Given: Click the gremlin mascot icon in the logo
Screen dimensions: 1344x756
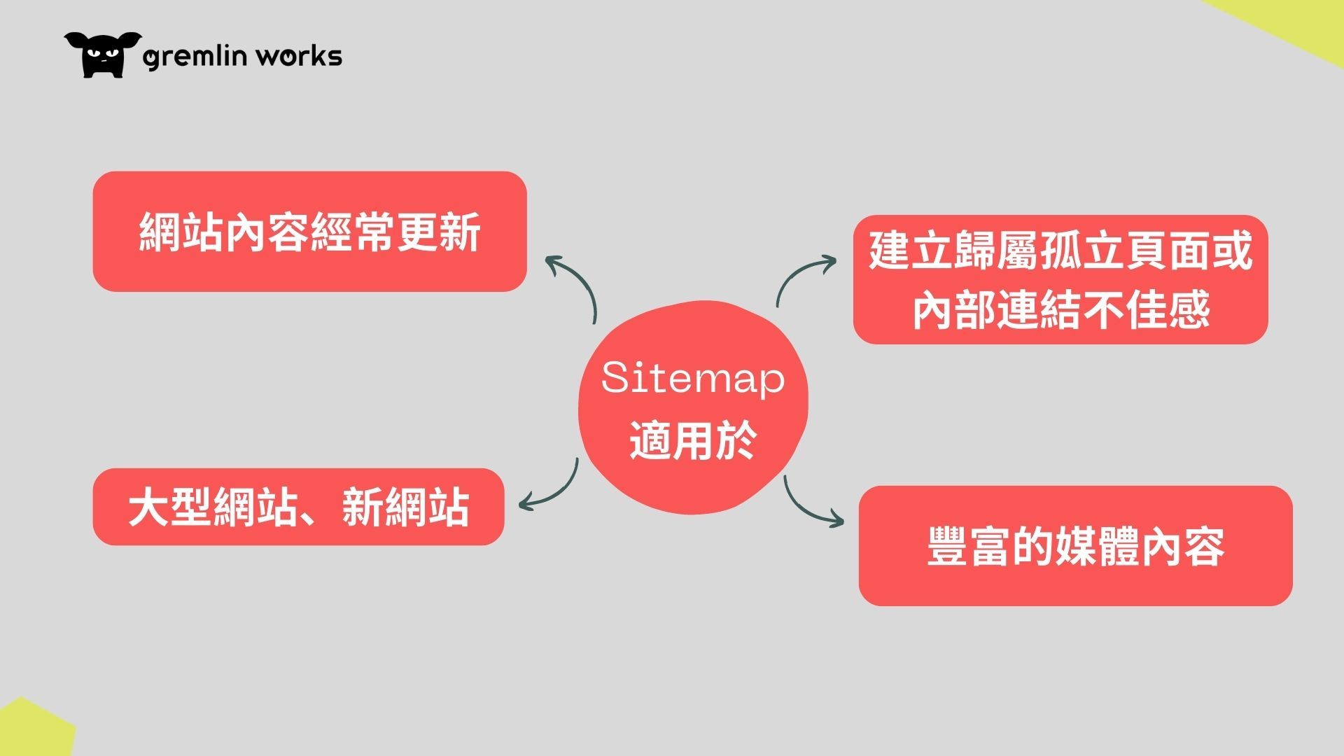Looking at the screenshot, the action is coord(102,55).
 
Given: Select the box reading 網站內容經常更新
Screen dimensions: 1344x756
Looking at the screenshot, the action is coord(309,231).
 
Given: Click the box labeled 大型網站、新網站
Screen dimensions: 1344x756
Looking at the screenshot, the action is coord(298,507).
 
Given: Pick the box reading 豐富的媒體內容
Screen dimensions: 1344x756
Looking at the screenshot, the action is coord(1075,546).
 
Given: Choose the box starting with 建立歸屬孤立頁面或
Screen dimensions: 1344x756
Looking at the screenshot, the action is coord(1060,279).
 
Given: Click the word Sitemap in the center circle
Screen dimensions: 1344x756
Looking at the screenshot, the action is coord(693,379).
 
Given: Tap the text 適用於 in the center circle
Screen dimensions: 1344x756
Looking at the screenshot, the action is coord(693,440).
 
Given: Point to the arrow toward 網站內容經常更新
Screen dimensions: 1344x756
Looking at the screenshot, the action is coord(584,280).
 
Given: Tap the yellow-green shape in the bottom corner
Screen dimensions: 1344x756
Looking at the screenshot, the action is coord(31,731).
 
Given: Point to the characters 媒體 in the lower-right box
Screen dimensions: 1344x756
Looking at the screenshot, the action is coord(1097,547).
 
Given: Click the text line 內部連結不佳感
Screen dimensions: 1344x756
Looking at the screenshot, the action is coord(1060,309).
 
